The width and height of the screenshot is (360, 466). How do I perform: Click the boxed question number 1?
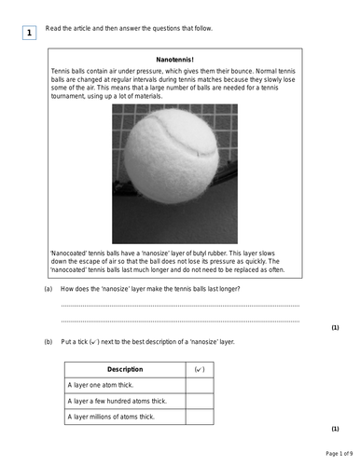click(x=29, y=34)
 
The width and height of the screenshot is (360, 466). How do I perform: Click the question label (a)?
click(x=48, y=290)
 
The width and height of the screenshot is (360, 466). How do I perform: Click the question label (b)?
click(x=48, y=342)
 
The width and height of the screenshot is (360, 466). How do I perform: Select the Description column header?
click(x=125, y=370)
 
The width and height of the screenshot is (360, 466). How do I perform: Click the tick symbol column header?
click(x=200, y=370)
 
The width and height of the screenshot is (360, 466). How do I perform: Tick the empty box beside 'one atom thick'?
click(x=200, y=385)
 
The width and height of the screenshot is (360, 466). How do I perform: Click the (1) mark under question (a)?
click(x=335, y=328)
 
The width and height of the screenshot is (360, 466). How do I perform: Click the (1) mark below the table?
click(x=335, y=429)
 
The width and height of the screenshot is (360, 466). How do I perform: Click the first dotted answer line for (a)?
click(x=179, y=305)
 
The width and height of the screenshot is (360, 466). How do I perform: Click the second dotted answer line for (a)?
click(x=179, y=320)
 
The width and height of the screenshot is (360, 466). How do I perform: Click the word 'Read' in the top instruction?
click(x=53, y=28)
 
